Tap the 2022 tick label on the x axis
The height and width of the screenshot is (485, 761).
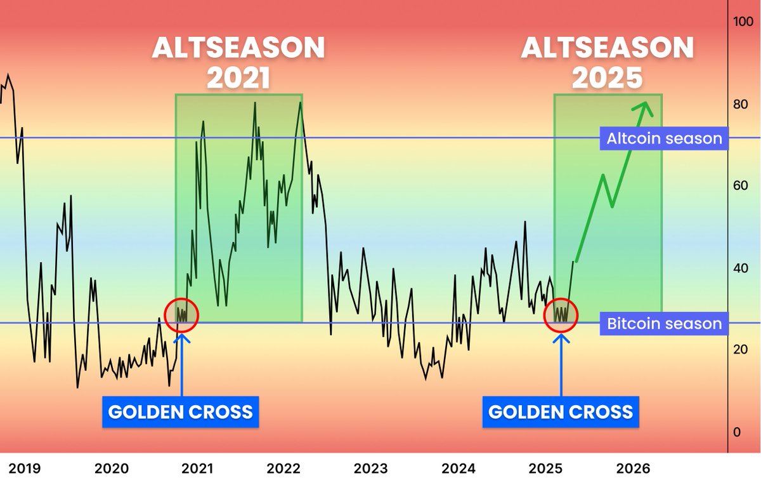[283, 469]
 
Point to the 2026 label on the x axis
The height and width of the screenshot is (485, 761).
[633, 469]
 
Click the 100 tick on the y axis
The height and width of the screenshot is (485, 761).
[742, 21]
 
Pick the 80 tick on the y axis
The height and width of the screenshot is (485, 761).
[740, 104]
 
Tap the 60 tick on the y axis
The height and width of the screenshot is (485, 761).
[740, 186]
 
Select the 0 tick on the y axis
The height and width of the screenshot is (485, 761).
[736, 432]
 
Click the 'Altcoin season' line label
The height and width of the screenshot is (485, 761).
[664, 138]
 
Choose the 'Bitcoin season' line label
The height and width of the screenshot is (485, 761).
[664, 324]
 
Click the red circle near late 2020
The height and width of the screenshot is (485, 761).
[182, 314]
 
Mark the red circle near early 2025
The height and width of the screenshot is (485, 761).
[561, 314]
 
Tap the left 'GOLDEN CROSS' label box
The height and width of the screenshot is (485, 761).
[181, 412]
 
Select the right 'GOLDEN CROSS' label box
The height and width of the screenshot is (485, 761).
[561, 412]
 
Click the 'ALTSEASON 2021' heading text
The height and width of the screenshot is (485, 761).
[238, 63]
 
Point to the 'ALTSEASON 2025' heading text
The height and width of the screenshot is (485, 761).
[608, 63]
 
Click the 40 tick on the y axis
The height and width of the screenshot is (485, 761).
[740, 268]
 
